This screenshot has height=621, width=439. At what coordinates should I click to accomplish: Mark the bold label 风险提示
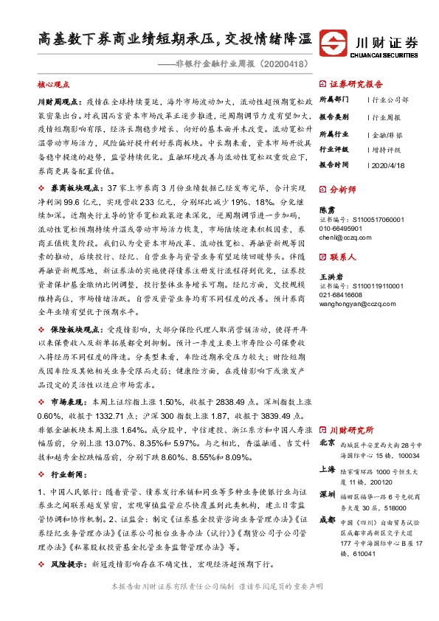64,563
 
